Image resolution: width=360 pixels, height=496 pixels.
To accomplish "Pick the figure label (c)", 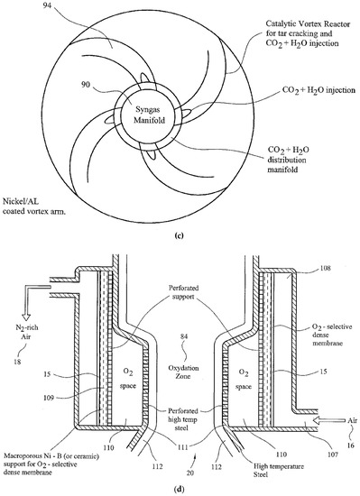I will click(x=180, y=235).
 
